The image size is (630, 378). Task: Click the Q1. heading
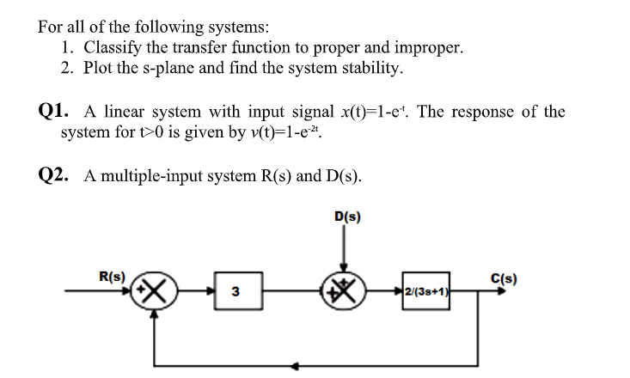pyautogui.click(x=57, y=113)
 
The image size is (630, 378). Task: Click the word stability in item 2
pyautogui.click(x=366, y=68)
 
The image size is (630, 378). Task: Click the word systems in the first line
pyautogui.click(x=227, y=27)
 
